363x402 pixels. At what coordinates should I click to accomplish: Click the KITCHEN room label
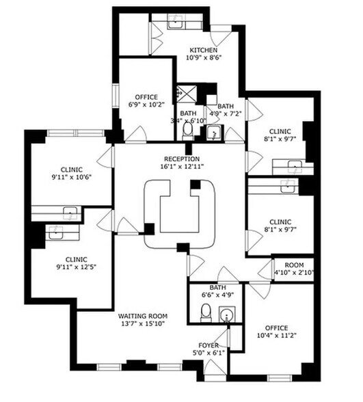click(x=203, y=50)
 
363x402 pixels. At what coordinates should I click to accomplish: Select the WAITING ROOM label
click(x=142, y=315)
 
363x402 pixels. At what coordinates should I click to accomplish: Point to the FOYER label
click(x=209, y=345)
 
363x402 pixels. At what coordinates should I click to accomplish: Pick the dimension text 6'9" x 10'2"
click(x=146, y=105)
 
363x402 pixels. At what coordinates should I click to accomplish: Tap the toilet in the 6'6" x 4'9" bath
click(x=204, y=314)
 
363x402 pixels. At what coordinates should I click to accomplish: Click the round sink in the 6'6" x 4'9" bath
click(x=227, y=314)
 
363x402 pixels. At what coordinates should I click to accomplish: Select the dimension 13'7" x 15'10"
click(x=142, y=323)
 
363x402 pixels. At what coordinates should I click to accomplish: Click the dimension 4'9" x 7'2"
click(x=225, y=114)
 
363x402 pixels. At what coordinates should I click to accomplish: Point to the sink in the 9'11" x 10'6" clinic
click(x=69, y=211)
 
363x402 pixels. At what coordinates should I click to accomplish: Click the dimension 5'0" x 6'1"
click(x=209, y=352)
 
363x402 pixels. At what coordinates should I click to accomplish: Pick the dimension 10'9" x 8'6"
click(x=203, y=58)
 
